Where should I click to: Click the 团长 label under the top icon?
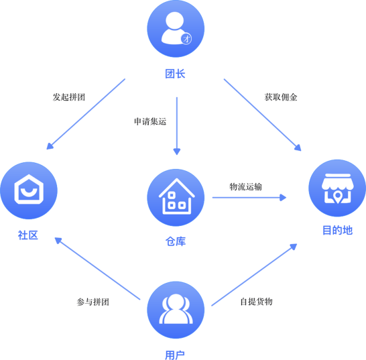pos(176,74)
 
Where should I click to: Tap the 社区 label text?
pos(28,235)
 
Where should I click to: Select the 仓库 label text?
pos(176,241)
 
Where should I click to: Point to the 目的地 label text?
pos(338,230)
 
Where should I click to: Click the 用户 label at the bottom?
pos(175,355)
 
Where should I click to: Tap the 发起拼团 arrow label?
pos(69,97)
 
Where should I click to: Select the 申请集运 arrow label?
pos(150,121)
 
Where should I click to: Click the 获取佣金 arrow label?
pos(281,97)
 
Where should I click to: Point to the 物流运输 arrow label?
pos(245,187)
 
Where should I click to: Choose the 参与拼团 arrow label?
pos(93,302)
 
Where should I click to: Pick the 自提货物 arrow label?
pos(256,302)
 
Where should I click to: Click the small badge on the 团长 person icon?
pos(186,39)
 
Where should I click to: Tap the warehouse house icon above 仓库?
pos(177,196)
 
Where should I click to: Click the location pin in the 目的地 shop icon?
pos(337,197)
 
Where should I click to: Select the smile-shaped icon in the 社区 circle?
pos(29,192)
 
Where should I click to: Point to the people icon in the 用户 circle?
pos(176,309)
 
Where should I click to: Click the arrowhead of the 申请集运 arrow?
pos(177,152)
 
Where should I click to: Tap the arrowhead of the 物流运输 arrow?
pos(283,198)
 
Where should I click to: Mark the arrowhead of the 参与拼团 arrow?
pos(58,240)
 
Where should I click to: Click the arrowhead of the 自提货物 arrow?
pos(294,247)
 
